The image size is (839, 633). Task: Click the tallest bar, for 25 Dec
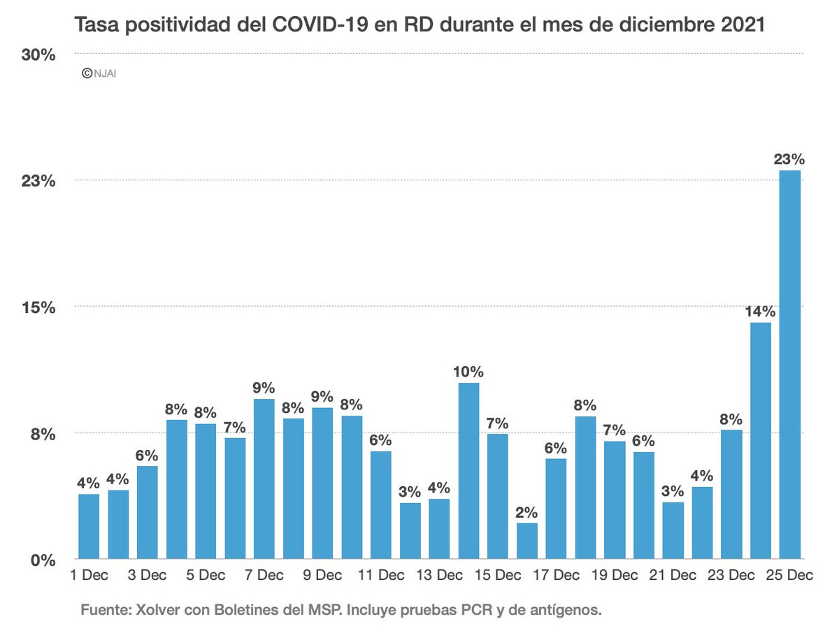(x=790, y=363)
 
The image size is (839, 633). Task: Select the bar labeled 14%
(x=761, y=440)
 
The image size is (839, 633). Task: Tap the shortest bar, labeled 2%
(x=527, y=541)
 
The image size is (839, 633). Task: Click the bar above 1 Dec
(x=89, y=526)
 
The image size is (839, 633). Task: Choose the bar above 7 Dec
(x=264, y=479)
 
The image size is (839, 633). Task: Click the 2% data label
(x=527, y=512)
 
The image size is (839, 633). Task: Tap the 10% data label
(x=468, y=372)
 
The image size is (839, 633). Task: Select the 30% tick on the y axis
(x=38, y=55)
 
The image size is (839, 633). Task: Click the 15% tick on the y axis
(x=38, y=307)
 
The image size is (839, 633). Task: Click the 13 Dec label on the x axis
(x=440, y=576)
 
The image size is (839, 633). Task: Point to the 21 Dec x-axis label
(x=673, y=576)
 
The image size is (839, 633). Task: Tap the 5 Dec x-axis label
(x=206, y=576)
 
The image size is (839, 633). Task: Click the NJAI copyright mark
(x=99, y=72)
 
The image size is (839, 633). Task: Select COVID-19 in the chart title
(x=310, y=26)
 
